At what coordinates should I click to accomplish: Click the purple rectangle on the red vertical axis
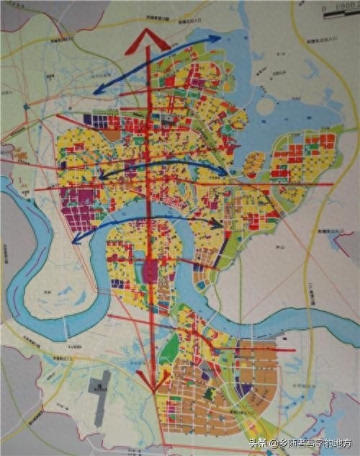[x=151, y=272]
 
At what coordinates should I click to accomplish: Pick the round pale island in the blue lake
[x=266, y=106]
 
